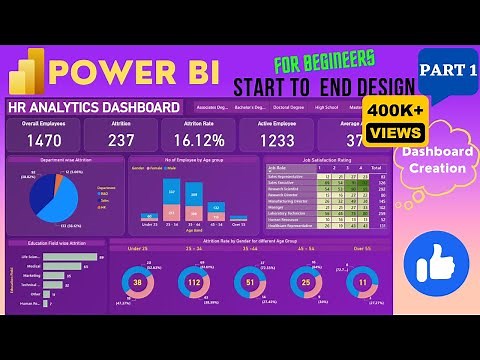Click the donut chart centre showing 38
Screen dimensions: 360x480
click(138, 283)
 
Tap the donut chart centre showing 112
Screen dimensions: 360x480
click(195, 283)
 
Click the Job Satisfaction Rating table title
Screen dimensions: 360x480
click(298, 160)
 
